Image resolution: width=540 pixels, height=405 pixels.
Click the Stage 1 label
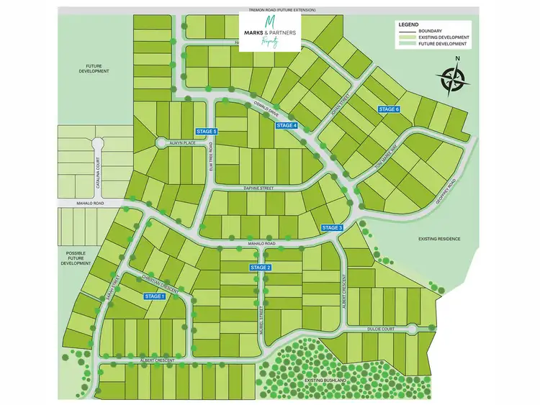coord(155,296)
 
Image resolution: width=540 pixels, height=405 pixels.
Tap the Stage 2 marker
coord(261,268)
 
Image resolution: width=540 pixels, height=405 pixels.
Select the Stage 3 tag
coord(333,227)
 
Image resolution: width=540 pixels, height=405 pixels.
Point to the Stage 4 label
coord(287,126)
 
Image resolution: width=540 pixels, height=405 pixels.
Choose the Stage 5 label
coord(207,131)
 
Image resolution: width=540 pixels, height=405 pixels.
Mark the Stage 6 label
coord(388,109)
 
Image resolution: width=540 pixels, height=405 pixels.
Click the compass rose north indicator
coord(453,79)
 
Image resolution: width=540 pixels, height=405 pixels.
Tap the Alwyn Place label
coord(183,143)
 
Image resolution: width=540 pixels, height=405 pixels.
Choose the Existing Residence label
coord(438,238)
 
